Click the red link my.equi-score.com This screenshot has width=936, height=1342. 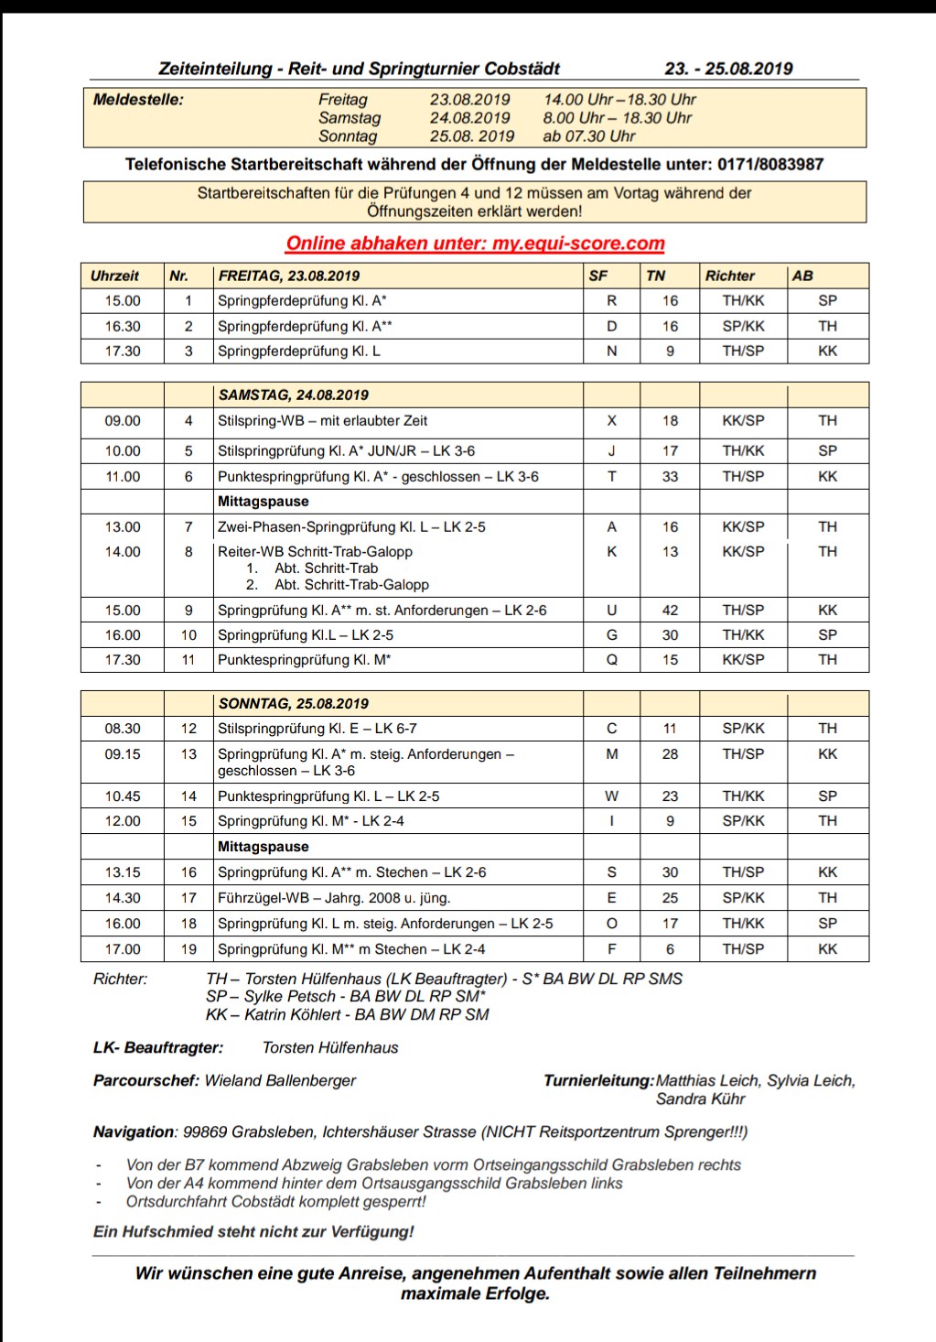pyautogui.click(x=578, y=244)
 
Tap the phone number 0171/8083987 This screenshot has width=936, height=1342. pyautogui.click(x=770, y=165)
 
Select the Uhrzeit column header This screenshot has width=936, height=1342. pyautogui.click(x=115, y=276)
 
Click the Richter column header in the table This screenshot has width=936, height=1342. pyautogui.click(x=729, y=276)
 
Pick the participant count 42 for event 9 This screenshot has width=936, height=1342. pyautogui.click(x=670, y=611)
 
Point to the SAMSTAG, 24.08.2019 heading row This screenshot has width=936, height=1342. pyautogui.click(x=293, y=395)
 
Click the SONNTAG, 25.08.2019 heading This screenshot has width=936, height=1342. pyautogui.click(x=293, y=704)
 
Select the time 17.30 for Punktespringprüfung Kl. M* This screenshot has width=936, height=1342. pyautogui.click(x=123, y=660)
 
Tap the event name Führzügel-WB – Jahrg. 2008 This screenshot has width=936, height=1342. pyautogui.click(x=334, y=898)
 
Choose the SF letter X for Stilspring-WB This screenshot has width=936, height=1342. pyautogui.click(x=611, y=421)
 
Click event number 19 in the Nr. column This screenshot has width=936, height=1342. pyautogui.click(x=188, y=949)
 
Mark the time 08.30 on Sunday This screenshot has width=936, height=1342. pyautogui.click(x=123, y=729)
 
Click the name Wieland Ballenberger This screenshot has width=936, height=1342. pyautogui.click(x=280, y=1081)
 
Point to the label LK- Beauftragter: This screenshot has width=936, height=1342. pyautogui.click(x=158, y=1048)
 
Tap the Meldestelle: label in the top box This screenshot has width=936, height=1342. pyautogui.click(x=138, y=100)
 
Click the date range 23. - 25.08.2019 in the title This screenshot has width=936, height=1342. pyautogui.click(x=728, y=69)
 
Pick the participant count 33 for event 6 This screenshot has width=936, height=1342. pyautogui.click(x=670, y=477)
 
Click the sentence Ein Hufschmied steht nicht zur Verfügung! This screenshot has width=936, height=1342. pyautogui.click(x=253, y=1232)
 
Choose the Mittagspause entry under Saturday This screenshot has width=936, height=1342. pyautogui.click(x=264, y=502)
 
